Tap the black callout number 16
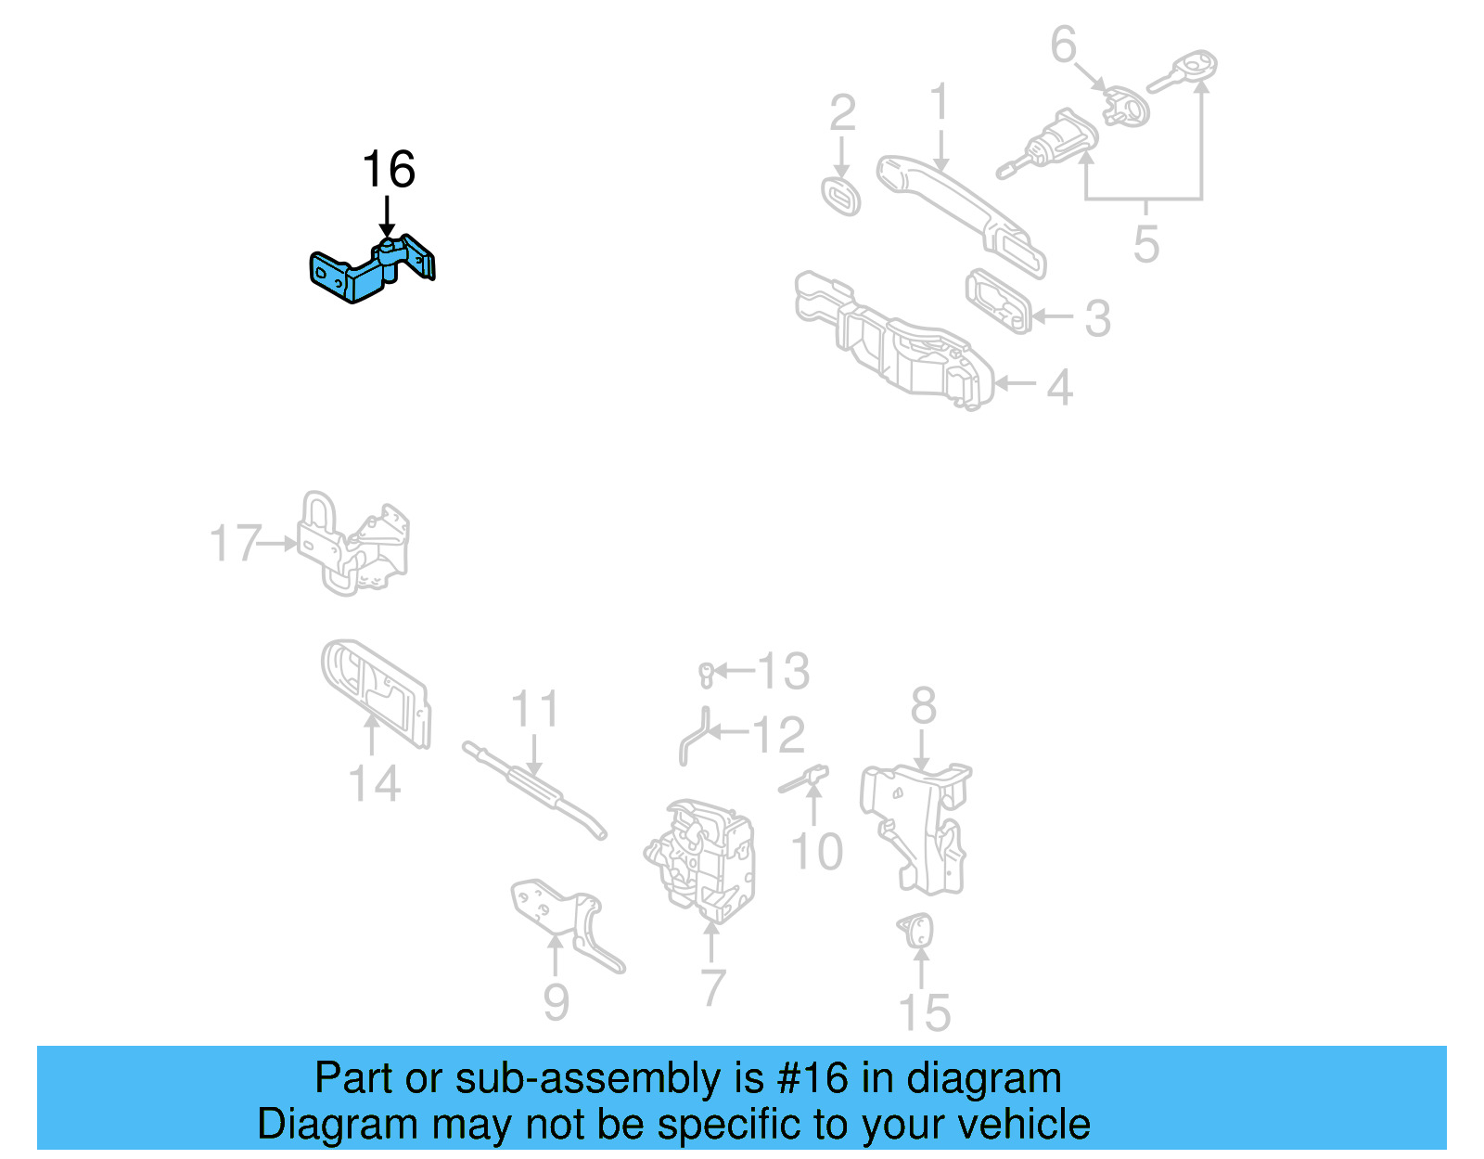pos(388,170)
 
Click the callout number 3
pos(1097,318)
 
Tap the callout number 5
pos(1146,244)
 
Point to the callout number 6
pos(1063,45)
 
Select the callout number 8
pos(923,706)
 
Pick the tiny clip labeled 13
pos(706,675)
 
